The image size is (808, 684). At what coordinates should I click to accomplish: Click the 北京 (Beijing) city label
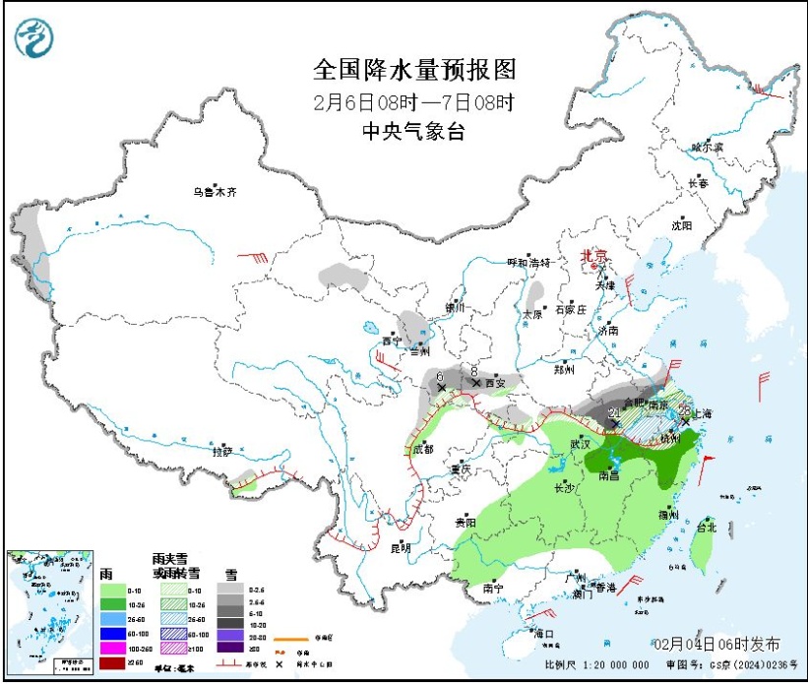click(593, 255)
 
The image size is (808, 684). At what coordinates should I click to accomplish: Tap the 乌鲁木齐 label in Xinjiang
click(215, 192)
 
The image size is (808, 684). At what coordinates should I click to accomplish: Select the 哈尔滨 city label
click(707, 147)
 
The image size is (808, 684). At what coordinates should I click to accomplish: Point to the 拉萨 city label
click(223, 452)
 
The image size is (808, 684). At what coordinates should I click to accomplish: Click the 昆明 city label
click(399, 548)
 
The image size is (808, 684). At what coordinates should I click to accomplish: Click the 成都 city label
click(422, 449)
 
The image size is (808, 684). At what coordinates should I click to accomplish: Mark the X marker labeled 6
click(441, 389)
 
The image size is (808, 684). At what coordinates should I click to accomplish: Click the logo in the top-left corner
click(34, 37)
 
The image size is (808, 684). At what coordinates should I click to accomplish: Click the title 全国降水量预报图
click(413, 70)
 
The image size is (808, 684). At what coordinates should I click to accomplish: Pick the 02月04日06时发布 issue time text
click(717, 645)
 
